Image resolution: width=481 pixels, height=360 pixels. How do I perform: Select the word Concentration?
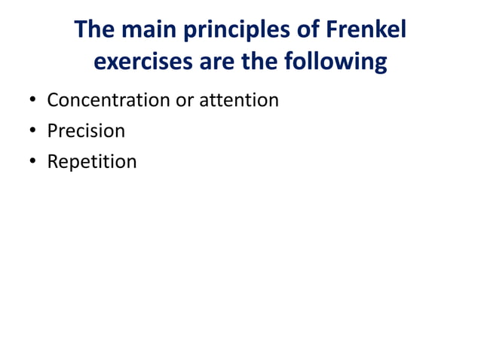click(109, 99)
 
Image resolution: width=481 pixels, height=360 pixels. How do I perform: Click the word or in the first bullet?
click(185, 99)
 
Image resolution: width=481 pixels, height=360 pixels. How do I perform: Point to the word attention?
click(238, 99)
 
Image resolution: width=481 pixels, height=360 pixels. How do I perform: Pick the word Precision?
click(86, 130)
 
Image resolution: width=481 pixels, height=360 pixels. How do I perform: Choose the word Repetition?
click(92, 162)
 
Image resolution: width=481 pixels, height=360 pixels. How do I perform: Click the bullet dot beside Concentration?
click(32, 100)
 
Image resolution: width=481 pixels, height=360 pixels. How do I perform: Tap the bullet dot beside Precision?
click(32, 131)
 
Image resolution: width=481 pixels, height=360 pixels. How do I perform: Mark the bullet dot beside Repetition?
click(32, 162)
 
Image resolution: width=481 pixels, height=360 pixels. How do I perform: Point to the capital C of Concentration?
click(53, 99)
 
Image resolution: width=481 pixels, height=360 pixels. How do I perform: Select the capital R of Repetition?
click(53, 161)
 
